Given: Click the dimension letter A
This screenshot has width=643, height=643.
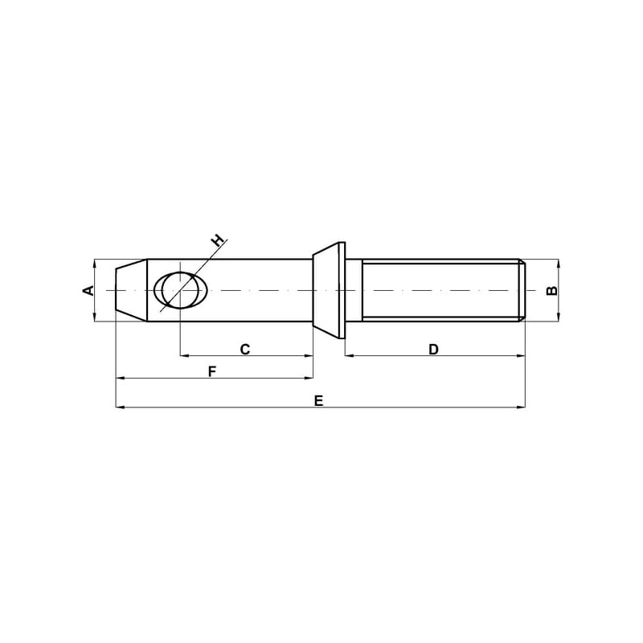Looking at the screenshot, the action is tap(88, 290).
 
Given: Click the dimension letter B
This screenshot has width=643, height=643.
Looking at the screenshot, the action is tap(552, 290).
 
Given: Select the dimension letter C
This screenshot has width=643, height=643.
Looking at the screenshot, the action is tap(245, 350).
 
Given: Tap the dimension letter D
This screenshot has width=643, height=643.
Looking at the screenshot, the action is tap(433, 350).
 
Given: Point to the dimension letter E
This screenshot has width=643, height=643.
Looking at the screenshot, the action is tap(318, 400).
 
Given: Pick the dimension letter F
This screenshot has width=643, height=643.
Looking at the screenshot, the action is tap(211, 371).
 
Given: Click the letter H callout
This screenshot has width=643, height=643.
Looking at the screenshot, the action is tap(218, 240).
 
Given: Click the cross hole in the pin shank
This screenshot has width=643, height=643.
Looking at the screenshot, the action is tap(181, 290).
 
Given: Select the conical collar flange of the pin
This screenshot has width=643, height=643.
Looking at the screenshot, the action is tap(329, 290).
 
